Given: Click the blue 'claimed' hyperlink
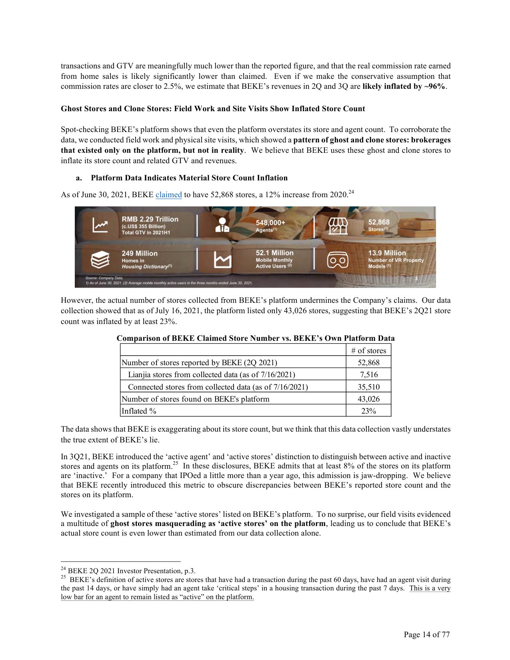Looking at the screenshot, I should tap(168, 195).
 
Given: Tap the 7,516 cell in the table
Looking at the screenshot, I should tap(368, 374).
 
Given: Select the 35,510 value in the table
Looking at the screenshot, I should tap(368, 387).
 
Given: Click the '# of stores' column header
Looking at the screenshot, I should tap(368, 350).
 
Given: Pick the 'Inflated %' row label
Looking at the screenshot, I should tap(139, 411).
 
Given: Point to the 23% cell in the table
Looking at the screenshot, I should tap(368, 411).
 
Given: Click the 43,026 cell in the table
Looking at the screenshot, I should tap(368, 399).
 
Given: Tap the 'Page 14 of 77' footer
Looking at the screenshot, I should tap(426, 634).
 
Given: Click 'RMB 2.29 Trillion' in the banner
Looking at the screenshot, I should tap(150, 219).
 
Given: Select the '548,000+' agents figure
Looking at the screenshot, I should tap(270, 222).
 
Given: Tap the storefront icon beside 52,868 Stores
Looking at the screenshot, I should tap(338, 226).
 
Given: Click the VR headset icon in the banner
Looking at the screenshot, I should tap(338, 260).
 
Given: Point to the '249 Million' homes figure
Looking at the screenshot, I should tap(140, 253).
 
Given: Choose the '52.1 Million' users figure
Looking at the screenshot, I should tap(274, 253).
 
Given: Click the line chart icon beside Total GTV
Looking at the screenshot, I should tap(100, 226).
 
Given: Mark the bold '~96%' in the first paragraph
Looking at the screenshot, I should tap(434, 86).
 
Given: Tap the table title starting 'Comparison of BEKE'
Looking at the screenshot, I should tap(255, 338).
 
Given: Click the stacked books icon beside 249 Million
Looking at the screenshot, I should tap(100, 260).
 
